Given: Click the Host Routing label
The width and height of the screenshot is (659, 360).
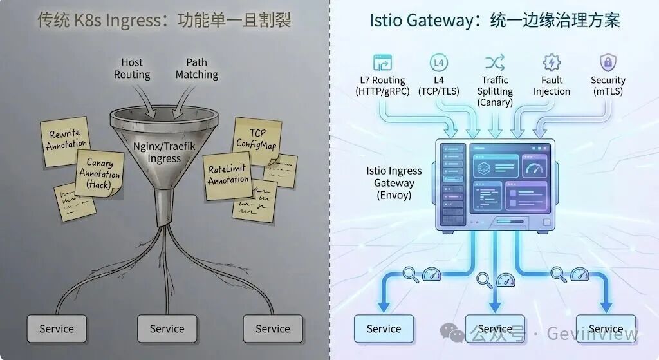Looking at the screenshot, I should pos(132,68).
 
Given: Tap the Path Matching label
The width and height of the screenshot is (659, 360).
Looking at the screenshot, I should pos(197,68).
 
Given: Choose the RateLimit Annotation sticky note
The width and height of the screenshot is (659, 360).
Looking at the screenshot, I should pos(228,175).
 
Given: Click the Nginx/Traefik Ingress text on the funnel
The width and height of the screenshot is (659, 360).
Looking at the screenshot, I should pos(164,152).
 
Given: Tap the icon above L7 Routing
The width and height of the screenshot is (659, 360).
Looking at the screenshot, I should pos(382,63).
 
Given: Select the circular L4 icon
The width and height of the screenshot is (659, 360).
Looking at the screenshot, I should pos(439,62).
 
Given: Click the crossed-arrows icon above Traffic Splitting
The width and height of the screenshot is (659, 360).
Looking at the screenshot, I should pos(494,62).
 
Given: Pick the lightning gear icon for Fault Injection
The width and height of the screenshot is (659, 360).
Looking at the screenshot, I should pos(552,62).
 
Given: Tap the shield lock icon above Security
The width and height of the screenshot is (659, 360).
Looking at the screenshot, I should pos(607,62).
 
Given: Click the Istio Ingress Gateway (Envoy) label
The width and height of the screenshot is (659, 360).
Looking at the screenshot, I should pos(394,183).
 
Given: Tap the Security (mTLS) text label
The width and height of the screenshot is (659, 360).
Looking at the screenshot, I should pos(608,86).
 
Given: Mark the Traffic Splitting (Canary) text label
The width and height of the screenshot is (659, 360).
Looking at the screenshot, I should pos(495,91).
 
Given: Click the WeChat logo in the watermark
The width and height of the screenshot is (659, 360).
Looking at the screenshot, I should pos(456,334).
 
